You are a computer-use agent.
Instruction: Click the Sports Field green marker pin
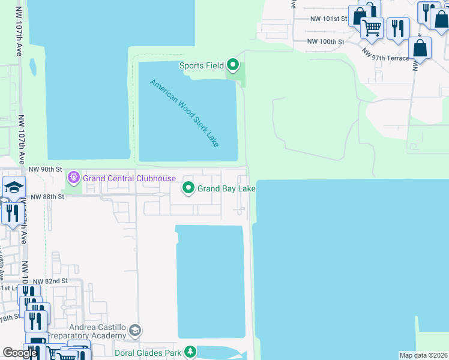(233, 65)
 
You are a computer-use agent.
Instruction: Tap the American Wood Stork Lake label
(184, 113)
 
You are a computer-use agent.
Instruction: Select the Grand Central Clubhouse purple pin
(74, 178)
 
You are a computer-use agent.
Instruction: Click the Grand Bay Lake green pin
(188, 188)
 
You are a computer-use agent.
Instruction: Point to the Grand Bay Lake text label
(227, 189)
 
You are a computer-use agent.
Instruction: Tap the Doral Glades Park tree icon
(190, 352)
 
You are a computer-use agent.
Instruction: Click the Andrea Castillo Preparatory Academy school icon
(136, 329)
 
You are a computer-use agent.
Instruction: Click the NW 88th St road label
(47, 197)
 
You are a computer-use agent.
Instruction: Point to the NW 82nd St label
(50, 281)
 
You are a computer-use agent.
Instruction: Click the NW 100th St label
(325, 41)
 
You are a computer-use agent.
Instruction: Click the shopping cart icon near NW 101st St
(372, 27)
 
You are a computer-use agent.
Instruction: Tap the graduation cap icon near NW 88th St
(13, 187)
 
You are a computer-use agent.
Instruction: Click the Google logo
(20, 353)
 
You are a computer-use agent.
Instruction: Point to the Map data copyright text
(424, 355)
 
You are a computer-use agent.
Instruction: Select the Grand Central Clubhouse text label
(129, 178)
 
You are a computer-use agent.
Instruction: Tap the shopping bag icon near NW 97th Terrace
(420, 47)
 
